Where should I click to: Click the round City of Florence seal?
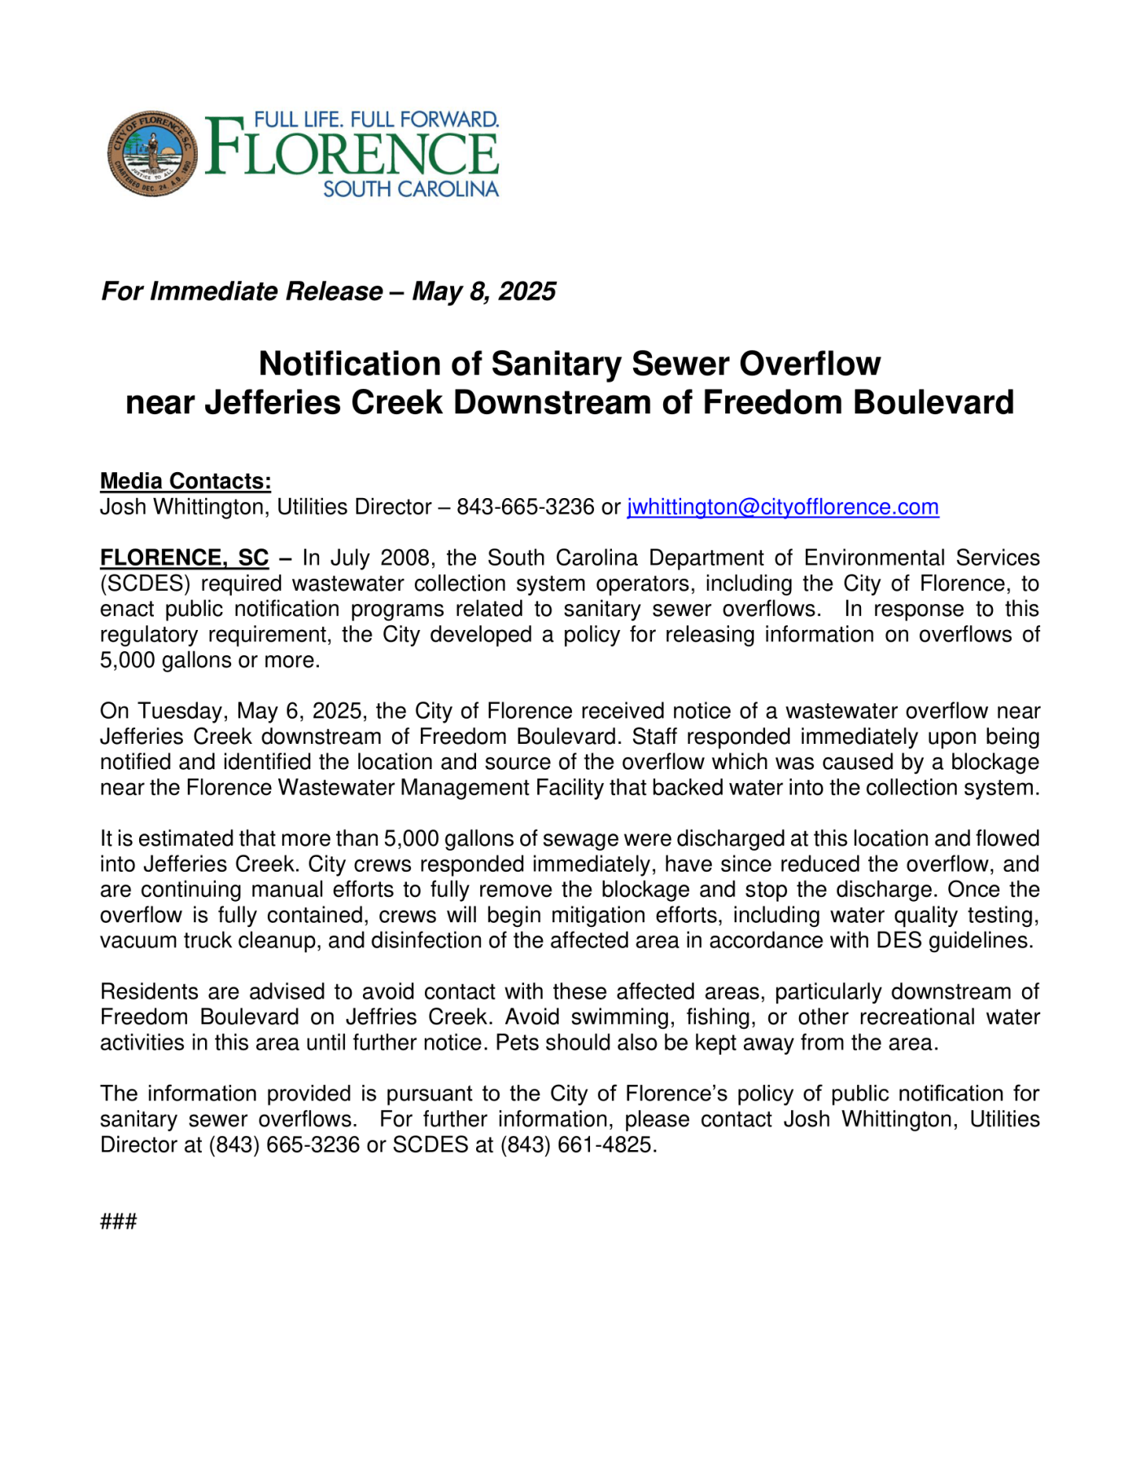(152, 153)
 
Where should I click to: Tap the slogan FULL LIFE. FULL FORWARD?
(376, 120)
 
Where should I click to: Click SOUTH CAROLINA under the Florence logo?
(410, 190)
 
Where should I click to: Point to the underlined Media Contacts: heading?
(186, 481)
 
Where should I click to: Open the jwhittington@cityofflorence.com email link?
(782, 507)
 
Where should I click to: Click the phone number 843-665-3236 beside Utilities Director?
(525, 507)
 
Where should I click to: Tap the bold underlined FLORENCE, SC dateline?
(184, 558)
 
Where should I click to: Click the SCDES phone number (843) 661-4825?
(576, 1145)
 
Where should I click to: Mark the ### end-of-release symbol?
(119, 1221)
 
